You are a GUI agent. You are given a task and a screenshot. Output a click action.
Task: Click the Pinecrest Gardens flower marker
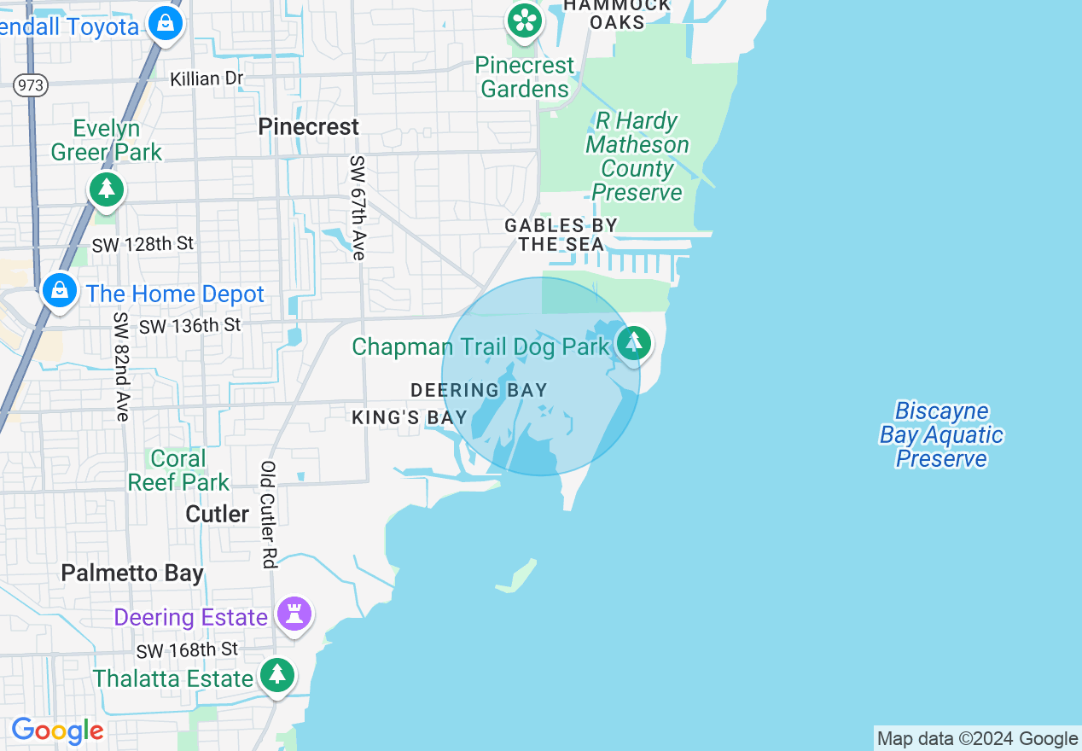pyautogui.click(x=524, y=20)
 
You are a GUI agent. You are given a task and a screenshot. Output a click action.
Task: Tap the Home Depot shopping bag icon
pyautogui.click(x=60, y=290)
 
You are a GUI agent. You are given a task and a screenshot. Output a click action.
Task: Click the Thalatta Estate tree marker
pyautogui.click(x=276, y=675)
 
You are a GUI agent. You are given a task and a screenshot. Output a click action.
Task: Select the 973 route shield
pyautogui.click(x=30, y=84)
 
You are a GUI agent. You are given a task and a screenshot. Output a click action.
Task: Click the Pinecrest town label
pyautogui.click(x=308, y=126)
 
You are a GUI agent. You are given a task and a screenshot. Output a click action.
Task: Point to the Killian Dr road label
pyautogui.click(x=207, y=79)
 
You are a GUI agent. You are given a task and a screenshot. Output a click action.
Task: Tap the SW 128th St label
pyautogui.click(x=143, y=244)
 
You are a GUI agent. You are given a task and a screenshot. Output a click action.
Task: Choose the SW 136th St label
pyautogui.click(x=189, y=325)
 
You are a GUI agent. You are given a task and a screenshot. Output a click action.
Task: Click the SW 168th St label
pyautogui.click(x=186, y=650)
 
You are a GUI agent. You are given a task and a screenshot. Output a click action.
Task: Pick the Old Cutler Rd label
pyautogui.click(x=269, y=515)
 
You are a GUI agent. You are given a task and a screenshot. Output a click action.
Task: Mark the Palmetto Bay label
pyautogui.click(x=132, y=573)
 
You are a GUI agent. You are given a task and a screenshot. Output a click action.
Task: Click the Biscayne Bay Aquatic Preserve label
pyautogui.click(x=941, y=434)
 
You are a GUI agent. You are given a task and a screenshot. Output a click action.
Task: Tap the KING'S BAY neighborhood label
pyautogui.click(x=410, y=417)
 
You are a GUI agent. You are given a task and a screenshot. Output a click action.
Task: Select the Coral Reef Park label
pyautogui.click(x=178, y=470)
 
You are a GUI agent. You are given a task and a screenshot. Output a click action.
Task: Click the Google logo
pyautogui.click(x=57, y=731)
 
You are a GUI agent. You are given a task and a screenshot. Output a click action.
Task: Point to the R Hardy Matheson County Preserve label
pyautogui.click(x=637, y=156)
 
